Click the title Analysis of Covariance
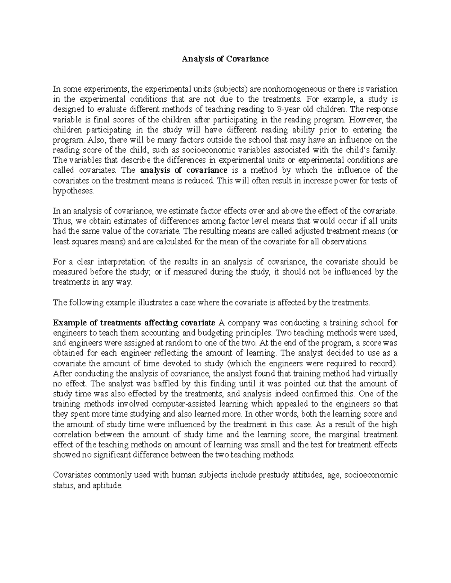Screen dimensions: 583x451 click(x=225, y=59)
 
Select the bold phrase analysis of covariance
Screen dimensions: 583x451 click(x=184, y=170)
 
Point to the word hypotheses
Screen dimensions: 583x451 click(x=72, y=191)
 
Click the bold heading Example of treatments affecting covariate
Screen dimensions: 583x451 click(x=134, y=323)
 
